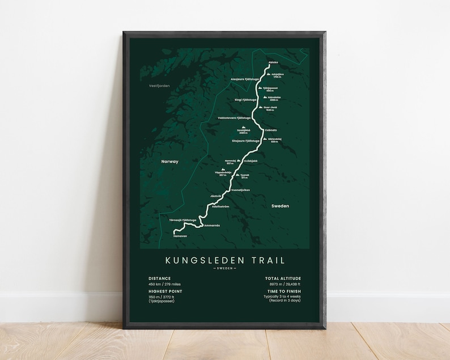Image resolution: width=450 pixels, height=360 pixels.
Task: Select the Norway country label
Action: (x=169, y=162)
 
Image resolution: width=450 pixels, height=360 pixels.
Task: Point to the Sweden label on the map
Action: (x=280, y=206)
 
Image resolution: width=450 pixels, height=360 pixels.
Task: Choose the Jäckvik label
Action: (x=215, y=196)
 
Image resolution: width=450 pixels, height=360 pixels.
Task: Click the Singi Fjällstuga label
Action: (x=245, y=99)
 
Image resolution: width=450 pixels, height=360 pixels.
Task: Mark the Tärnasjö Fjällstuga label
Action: (x=182, y=219)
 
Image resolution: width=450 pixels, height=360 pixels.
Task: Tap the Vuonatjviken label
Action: (x=241, y=190)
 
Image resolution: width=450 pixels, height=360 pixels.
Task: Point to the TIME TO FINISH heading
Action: (x=282, y=290)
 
